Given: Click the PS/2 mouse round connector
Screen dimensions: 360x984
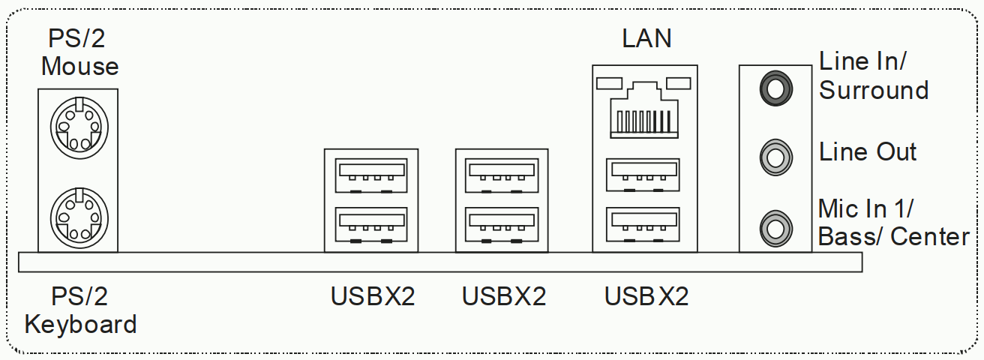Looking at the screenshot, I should pyautogui.click(x=78, y=126).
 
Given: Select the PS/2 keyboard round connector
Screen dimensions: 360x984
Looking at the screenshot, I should pyautogui.click(x=78, y=214).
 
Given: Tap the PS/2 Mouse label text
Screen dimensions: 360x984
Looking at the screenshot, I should pyautogui.click(x=79, y=52).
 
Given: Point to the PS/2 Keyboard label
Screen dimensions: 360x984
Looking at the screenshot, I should pyautogui.click(x=80, y=310).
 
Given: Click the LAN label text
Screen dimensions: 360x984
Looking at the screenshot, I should pyautogui.click(x=646, y=38).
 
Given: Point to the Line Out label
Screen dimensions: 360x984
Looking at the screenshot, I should pyautogui.click(x=868, y=152).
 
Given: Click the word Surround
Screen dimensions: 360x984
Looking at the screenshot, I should pyautogui.click(x=874, y=91).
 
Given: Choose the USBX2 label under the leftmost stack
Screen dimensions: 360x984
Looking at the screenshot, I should pyautogui.click(x=373, y=297).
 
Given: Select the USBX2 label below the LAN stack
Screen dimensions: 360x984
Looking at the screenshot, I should pyautogui.click(x=646, y=297).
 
